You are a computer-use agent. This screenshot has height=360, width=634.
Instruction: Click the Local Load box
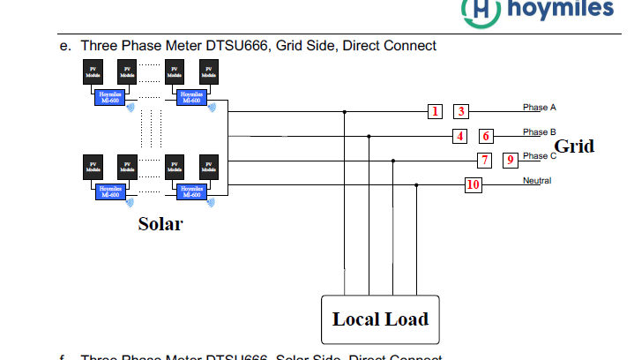[380, 318]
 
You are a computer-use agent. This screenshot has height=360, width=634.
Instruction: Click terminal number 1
[436, 111]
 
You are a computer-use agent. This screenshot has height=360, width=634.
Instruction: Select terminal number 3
[461, 111]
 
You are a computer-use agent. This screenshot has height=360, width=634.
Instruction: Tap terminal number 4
[459, 136]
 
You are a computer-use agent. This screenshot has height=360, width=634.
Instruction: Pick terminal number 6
[485, 136]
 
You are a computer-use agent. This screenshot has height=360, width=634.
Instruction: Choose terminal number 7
[484, 160]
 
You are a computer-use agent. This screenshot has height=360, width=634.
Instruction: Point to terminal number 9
[510, 160]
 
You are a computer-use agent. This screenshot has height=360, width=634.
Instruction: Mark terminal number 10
[474, 184]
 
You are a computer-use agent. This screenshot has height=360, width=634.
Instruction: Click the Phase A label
[539, 107]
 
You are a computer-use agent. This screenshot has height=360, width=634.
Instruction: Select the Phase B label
[539, 131]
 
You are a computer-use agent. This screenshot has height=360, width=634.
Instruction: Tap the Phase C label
[540, 155]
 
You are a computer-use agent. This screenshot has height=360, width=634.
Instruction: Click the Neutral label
[537, 180]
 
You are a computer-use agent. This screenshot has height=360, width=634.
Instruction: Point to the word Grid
[573, 146]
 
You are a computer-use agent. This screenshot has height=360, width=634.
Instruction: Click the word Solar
[160, 224]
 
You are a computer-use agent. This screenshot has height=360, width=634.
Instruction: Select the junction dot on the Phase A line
[344, 112]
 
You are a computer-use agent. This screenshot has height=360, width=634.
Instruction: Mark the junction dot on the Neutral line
[416, 184]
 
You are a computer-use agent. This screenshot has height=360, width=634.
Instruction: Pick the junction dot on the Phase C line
[392, 161]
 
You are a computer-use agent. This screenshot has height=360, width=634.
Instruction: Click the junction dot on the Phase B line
[369, 136]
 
